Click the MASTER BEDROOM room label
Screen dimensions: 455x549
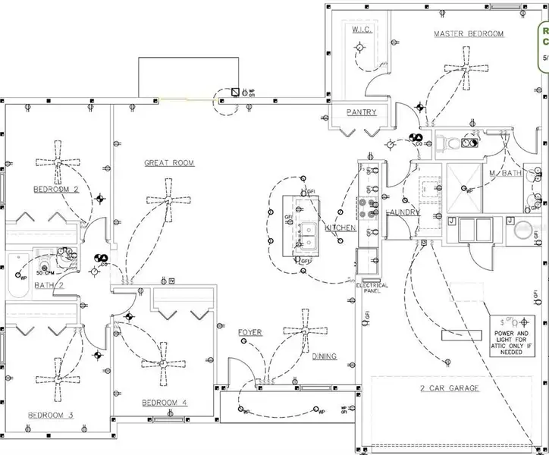point(468,34)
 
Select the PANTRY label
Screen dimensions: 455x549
point(361,112)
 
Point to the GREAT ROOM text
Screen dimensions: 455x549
point(169,163)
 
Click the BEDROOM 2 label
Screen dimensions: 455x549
point(56,189)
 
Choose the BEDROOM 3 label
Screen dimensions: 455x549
point(50,415)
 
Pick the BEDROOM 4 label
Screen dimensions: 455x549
point(164,402)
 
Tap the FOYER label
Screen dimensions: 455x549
point(249,333)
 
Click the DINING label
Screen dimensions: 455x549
point(324,356)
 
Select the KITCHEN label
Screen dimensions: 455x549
point(340,227)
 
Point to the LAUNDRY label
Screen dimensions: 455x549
point(403,213)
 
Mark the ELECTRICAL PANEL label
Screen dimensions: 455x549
point(372,288)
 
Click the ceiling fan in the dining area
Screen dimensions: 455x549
point(306,331)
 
